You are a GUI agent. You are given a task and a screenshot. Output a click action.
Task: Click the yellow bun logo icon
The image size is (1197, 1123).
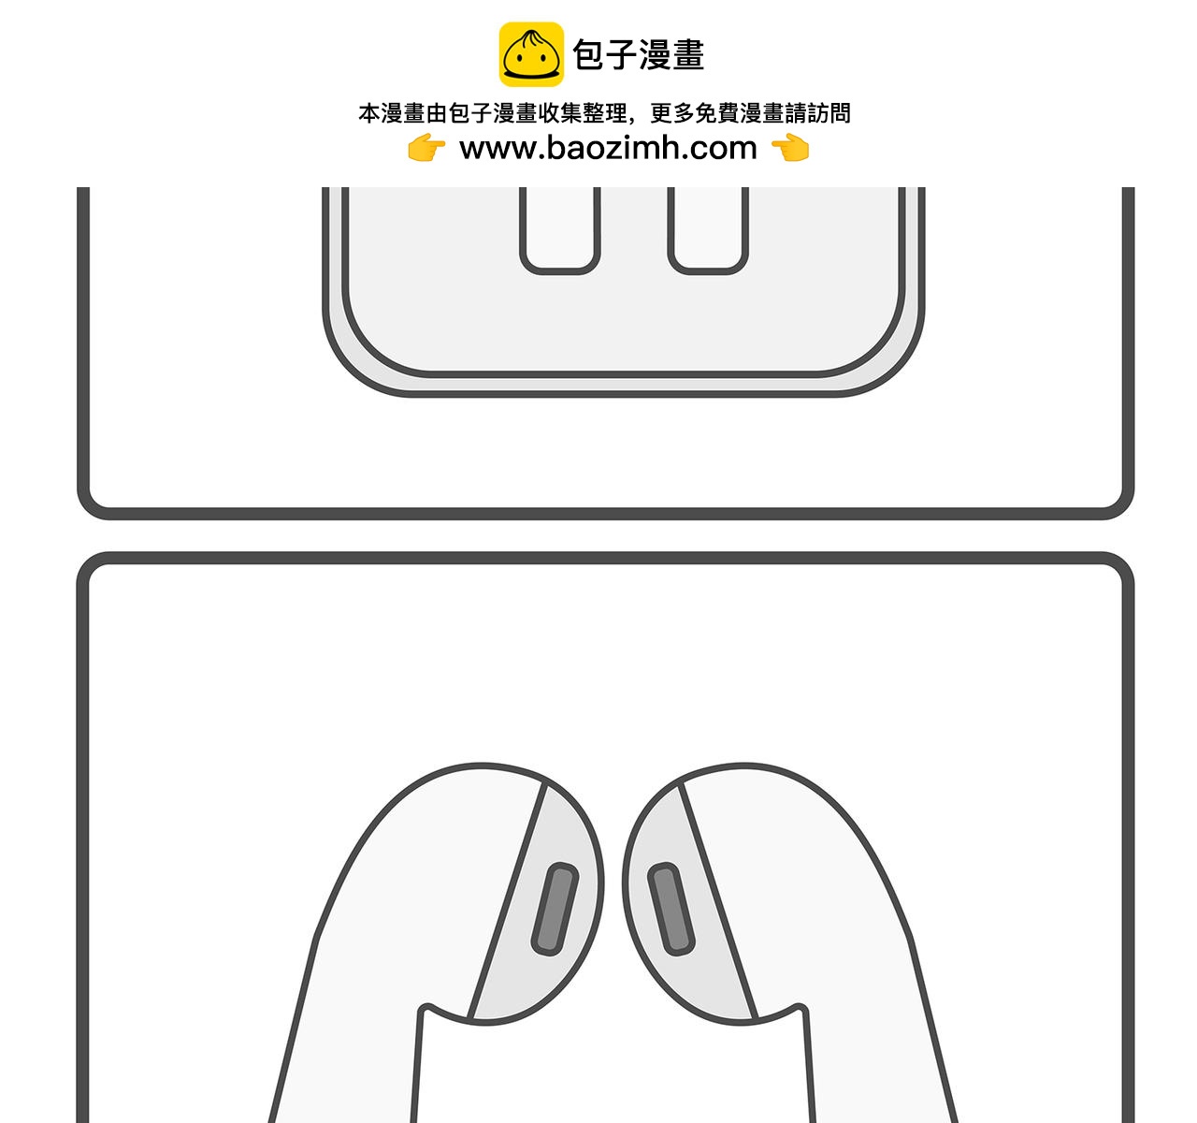point(531,54)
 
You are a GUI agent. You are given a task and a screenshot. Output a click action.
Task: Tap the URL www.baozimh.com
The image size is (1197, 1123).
point(608,148)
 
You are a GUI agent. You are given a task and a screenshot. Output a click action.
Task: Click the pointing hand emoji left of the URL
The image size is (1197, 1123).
point(426,147)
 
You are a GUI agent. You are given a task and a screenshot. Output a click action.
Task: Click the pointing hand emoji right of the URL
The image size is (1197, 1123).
point(790,147)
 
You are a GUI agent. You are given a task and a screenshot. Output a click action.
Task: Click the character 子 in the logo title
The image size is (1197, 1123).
point(621,54)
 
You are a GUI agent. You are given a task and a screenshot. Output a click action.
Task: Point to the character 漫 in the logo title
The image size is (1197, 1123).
point(655,54)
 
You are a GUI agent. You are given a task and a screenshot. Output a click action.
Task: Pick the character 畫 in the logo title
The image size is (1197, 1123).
point(687,54)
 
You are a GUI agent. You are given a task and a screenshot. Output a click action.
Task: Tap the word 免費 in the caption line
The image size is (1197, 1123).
point(716,113)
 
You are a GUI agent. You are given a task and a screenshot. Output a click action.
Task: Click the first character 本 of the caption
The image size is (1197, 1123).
point(368,113)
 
